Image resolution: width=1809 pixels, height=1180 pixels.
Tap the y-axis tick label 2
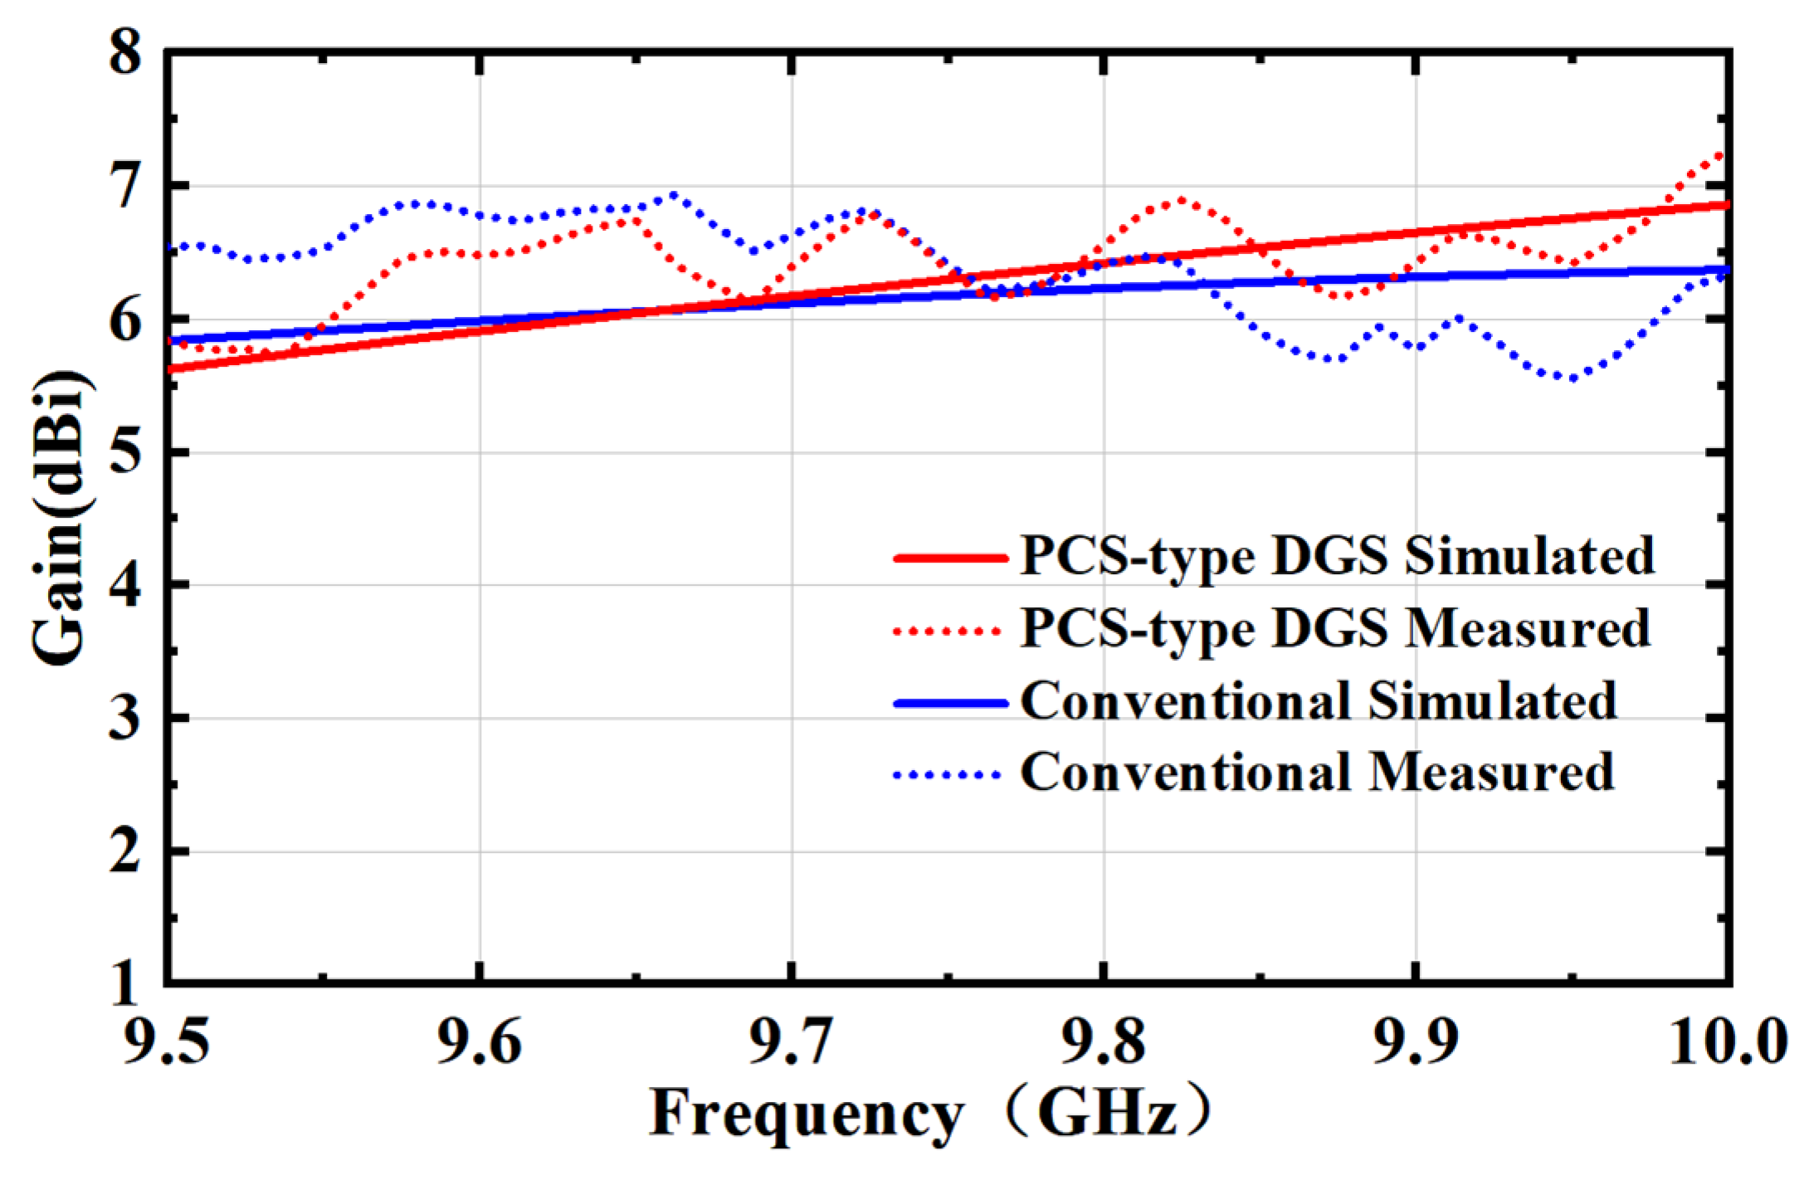125,851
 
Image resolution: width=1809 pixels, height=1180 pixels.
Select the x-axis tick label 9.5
167,1039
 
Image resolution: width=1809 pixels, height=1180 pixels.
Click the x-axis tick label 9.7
792,1039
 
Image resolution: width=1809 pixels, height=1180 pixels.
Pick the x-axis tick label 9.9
1417,1039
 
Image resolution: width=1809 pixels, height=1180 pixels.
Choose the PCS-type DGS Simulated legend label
1337,555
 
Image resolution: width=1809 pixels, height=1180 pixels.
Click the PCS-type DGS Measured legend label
1335,628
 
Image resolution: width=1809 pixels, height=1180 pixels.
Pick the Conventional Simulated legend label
1319,701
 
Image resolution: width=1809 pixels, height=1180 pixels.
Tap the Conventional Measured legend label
1317,773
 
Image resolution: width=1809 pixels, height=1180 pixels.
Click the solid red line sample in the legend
950,558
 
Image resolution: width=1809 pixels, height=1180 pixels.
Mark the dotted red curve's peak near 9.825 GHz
1179,200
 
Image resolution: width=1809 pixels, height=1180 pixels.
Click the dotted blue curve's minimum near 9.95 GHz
1571,378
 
